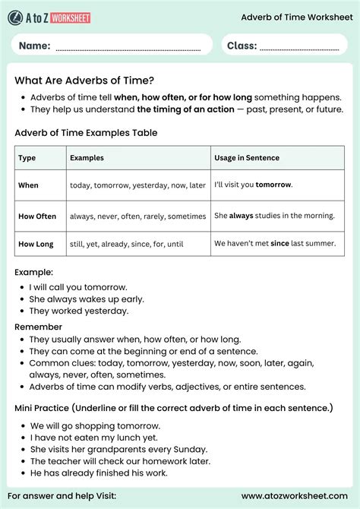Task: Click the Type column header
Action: click(27, 158)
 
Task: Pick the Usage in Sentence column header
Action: click(247, 158)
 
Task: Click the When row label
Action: click(28, 185)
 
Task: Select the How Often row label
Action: click(37, 216)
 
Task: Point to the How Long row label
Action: click(36, 244)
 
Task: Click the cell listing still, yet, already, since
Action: click(127, 244)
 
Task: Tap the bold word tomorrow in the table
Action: click(273, 185)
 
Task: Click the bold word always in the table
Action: click(242, 216)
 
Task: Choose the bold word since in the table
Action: click(280, 244)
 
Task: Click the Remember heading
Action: click(38, 327)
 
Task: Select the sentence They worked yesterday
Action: click(79, 311)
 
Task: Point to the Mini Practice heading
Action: click(173, 408)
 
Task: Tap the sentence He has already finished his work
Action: click(99, 473)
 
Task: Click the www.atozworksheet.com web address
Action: click(295, 496)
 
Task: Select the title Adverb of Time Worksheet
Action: click(294, 16)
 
